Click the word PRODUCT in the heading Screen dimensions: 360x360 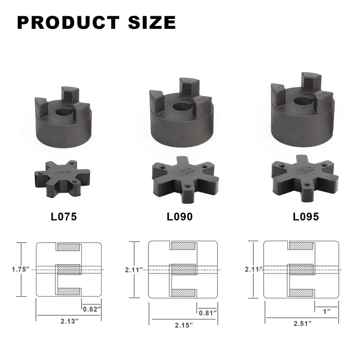[67, 22]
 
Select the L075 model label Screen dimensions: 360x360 [63, 216]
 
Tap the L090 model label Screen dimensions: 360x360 [180, 216]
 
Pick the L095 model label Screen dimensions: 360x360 [306, 216]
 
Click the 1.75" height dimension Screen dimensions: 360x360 [21, 269]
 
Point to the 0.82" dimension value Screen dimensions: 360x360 [92, 309]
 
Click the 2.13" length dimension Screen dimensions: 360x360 [68, 321]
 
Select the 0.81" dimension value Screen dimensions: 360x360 [207, 312]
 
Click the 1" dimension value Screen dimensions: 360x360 [326, 311]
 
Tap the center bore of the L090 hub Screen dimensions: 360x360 [180, 107]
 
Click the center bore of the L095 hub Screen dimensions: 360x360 [303, 102]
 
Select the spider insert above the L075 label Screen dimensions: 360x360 [63, 177]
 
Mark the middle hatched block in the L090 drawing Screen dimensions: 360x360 [183, 269]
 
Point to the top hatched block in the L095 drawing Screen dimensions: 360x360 [301, 245]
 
